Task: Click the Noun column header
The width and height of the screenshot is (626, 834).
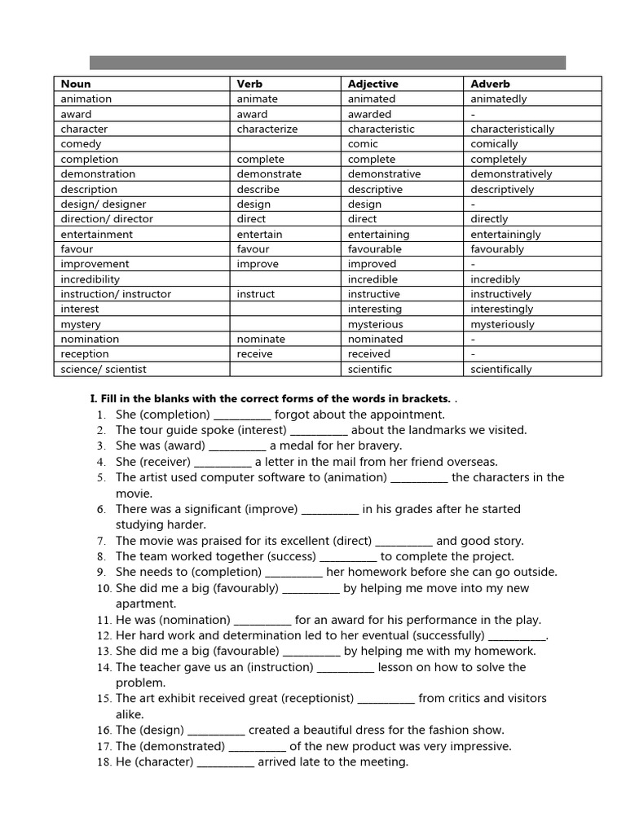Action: [76, 84]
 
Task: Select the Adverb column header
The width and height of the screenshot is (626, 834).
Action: [490, 84]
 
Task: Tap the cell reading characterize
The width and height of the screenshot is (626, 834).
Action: [267, 129]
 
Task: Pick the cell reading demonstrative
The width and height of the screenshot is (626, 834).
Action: [384, 173]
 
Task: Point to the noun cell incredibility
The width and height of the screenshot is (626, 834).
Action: [90, 279]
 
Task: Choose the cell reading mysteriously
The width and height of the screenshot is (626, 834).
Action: [502, 324]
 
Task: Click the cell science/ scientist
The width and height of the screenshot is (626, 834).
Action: [104, 369]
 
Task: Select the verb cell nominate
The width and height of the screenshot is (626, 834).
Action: [261, 339]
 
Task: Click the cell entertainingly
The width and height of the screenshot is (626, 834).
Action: [505, 234]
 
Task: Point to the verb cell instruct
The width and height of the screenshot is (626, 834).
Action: [256, 294]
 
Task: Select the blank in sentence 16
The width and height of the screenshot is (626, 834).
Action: [216, 731]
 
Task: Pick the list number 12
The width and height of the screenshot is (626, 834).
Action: [104, 636]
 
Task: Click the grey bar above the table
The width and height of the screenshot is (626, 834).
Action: [327, 63]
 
